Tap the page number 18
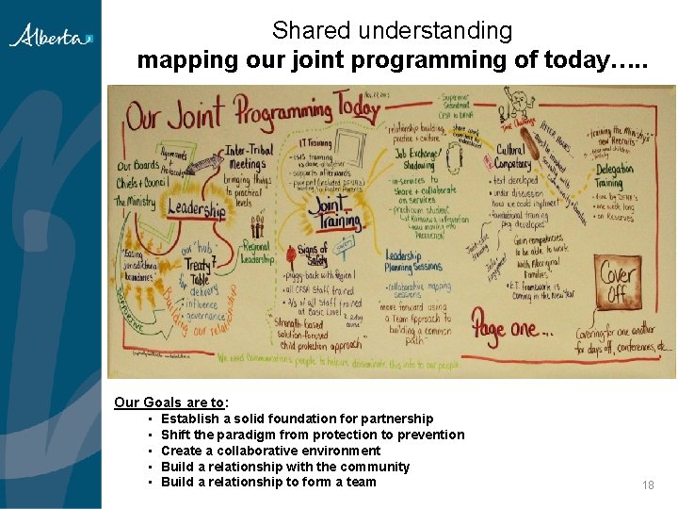648,484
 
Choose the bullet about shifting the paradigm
313,435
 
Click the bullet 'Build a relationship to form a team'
268,482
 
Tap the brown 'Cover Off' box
619,283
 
